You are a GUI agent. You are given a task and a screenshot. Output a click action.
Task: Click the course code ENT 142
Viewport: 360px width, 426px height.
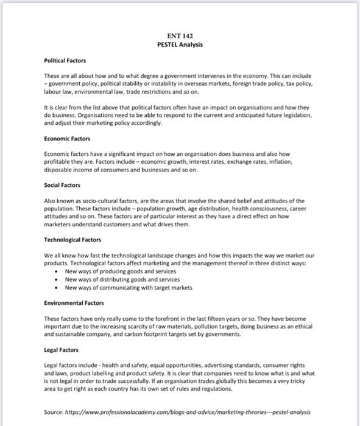pos(180,36)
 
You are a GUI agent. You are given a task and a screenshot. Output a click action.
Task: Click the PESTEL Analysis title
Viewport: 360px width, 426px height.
pos(180,44)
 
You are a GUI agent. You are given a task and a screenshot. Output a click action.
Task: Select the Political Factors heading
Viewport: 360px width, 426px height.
pos(65,61)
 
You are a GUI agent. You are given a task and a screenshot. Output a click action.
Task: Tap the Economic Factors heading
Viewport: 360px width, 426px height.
pos(67,139)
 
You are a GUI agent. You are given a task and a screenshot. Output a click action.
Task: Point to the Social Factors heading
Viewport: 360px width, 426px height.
pos(62,185)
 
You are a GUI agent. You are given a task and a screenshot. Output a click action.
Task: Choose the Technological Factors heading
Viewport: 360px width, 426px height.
pos(72,240)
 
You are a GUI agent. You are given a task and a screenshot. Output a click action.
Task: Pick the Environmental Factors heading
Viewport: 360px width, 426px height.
pos(74,302)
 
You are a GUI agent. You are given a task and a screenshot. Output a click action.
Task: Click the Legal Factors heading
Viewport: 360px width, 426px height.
pos(62,350)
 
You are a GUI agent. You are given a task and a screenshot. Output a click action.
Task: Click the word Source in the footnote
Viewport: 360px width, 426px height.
pos(54,411)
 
